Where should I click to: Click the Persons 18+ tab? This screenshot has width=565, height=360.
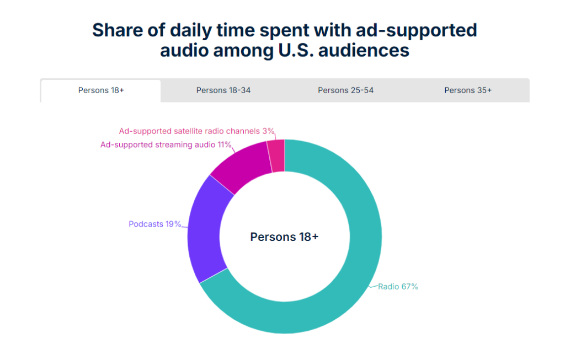(101, 90)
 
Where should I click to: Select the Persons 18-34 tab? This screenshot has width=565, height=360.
(223, 90)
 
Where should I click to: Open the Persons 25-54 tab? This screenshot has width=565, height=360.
(345, 90)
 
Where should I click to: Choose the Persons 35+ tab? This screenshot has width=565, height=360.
(468, 90)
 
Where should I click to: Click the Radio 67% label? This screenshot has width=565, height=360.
(398, 287)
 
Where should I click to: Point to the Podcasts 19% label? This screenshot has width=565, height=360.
(155, 224)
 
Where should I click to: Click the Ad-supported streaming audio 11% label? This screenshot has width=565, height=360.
(166, 146)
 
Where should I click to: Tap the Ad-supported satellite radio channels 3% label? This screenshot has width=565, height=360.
(196, 131)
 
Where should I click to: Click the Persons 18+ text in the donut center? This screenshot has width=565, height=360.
(284, 237)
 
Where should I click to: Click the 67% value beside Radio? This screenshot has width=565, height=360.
(409, 287)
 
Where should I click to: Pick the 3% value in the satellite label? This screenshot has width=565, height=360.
(268, 131)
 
